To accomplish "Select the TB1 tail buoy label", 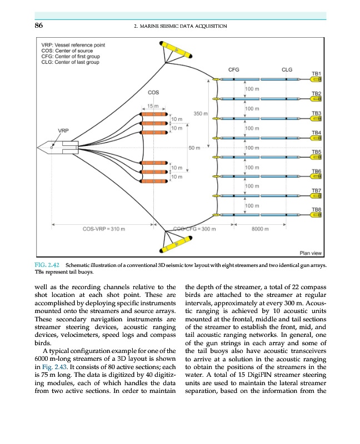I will tap(317, 73).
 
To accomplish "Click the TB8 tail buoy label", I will tap(317, 209).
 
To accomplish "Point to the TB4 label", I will tap(317, 133).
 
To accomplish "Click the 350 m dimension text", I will tap(200, 114).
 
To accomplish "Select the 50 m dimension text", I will tap(194, 148).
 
